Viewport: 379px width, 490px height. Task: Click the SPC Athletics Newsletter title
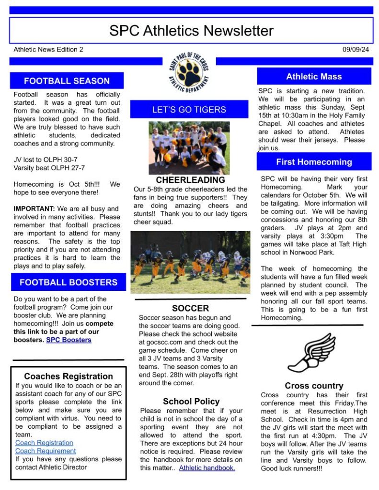pos(191,31)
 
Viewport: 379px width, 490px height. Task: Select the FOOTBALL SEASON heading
pos(67,81)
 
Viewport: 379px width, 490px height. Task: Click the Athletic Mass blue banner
pos(314,77)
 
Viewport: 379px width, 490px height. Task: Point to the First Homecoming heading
pos(314,162)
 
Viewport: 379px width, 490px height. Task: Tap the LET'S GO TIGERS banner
pos(189,110)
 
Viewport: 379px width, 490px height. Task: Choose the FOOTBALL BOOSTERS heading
pos(69,282)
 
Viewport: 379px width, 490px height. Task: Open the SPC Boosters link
pos(69,340)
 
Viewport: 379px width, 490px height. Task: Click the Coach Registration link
pos(44,443)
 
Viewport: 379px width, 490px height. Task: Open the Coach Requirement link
pos(46,451)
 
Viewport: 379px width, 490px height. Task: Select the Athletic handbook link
pos(207,468)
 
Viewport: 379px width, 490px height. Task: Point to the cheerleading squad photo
pos(189,148)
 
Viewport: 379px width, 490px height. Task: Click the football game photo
pos(190,263)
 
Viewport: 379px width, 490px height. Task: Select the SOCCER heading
pos(190,308)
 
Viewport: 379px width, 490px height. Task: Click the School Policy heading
pos(191,401)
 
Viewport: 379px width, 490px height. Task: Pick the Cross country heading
pos(314,386)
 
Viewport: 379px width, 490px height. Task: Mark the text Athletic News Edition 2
pos(48,49)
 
